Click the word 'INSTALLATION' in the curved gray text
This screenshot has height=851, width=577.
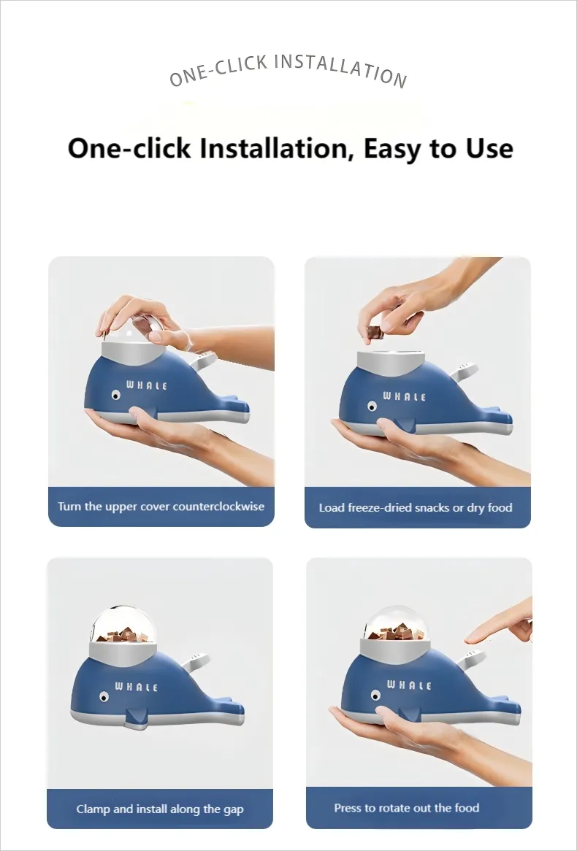click(x=340, y=69)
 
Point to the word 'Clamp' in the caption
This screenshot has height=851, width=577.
click(x=93, y=809)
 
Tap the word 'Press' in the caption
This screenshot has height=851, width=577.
click(x=347, y=808)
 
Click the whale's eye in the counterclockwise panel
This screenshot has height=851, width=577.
click(x=115, y=395)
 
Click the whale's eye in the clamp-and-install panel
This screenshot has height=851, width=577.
click(x=104, y=696)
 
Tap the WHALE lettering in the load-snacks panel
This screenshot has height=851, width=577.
click(x=404, y=396)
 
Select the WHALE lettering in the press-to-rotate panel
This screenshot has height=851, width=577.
click(x=409, y=685)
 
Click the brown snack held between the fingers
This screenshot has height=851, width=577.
click(x=375, y=332)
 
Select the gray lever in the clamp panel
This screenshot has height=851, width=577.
click(x=196, y=661)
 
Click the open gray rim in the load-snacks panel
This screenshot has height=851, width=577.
click(x=390, y=363)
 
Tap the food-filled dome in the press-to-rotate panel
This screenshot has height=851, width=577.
click(x=396, y=623)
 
